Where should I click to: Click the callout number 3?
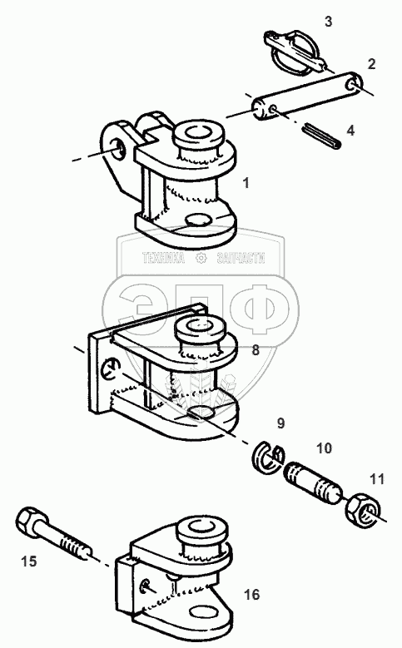(329, 22)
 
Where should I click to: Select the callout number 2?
(371, 64)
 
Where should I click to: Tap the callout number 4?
(350, 131)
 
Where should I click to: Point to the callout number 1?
(246, 183)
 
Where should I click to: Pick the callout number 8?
(256, 350)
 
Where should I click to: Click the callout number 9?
(280, 423)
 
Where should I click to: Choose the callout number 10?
(325, 448)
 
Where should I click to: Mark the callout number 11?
(377, 479)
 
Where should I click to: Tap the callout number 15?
(29, 561)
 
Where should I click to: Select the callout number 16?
(251, 595)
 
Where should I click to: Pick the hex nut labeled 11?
(362, 508)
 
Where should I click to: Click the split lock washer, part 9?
(268, 458)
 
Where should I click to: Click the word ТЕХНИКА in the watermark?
(163, 259)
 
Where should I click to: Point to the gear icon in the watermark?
(201, 259)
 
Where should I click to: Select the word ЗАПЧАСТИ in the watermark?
(241, 259)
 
